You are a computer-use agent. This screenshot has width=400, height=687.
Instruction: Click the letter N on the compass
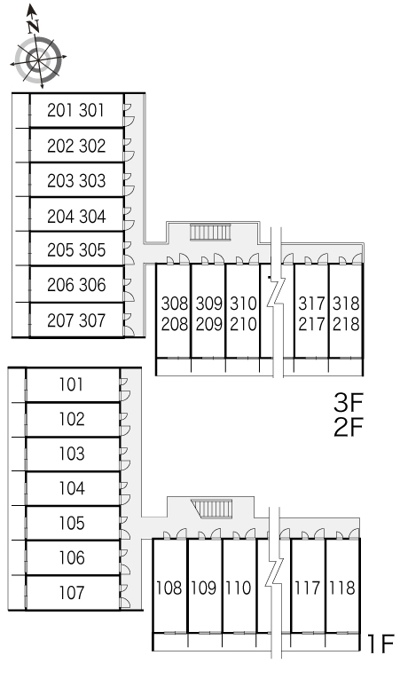coord(34,27)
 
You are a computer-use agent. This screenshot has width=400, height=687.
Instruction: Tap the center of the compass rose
coord(38,59)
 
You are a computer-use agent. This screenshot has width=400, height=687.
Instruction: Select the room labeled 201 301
coord(76,110)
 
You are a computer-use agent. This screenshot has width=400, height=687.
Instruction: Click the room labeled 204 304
coord(76,216)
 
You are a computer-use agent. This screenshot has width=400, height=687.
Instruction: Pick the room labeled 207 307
coord(76,320)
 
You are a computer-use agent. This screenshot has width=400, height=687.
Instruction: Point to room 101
coord(73,384)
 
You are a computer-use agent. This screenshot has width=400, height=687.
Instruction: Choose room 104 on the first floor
coord(73,488)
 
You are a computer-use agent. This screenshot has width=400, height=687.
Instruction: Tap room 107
coord(73,592)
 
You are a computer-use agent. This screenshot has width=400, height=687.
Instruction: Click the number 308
coord(174,304)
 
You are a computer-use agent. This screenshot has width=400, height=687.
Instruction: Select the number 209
coord(208,324)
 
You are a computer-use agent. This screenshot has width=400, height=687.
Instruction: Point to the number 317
coord(311,304)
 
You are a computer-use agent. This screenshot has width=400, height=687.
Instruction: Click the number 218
coord(346,324)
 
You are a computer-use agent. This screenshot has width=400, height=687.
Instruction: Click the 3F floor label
coord(349,403)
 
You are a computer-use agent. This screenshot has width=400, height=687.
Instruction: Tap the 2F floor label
coord(349,427)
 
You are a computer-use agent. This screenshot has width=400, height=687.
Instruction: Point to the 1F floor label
coord(380,644)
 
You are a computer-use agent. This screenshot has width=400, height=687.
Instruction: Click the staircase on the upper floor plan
coord(210,232)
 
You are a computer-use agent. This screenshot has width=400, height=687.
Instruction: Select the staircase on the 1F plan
coord(212,509)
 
